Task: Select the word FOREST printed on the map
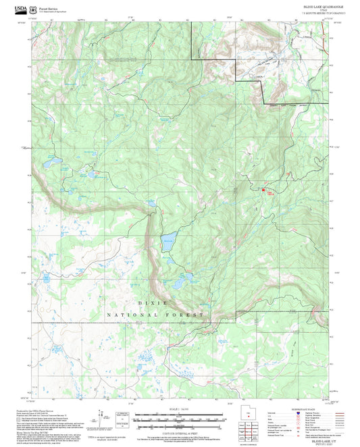click(x=186, y=315)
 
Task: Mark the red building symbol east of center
click(x=263, y=190)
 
